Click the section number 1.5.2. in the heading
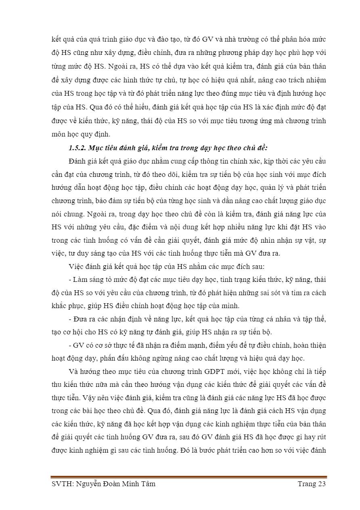(x=78, y=147)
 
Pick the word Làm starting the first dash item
(x=80, y=279)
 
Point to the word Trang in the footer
(x=306, y=484)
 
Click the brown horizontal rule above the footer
(x=188, y=477)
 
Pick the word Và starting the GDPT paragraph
(x=74, y=371)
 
